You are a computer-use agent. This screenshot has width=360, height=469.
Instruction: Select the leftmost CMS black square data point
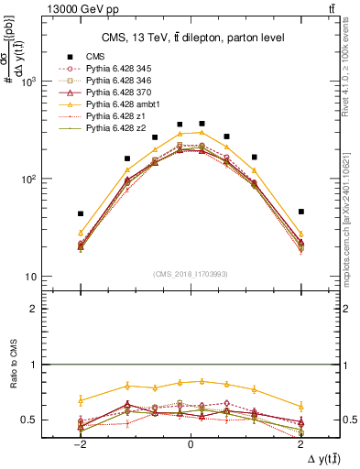click(81, 213)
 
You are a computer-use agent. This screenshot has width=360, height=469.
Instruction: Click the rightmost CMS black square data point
click(300, 212)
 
